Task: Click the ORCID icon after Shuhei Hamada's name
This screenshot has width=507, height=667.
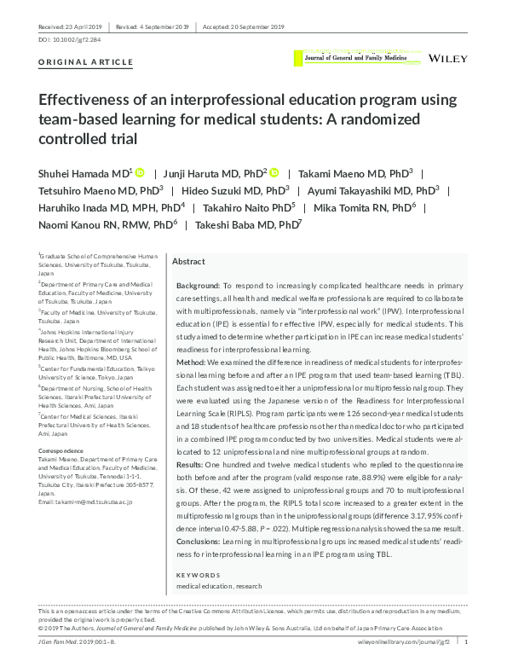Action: pos(141,171)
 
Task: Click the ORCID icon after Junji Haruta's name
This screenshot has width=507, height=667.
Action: pos(274,171)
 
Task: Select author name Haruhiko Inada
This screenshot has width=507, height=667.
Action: pos(78,207)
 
